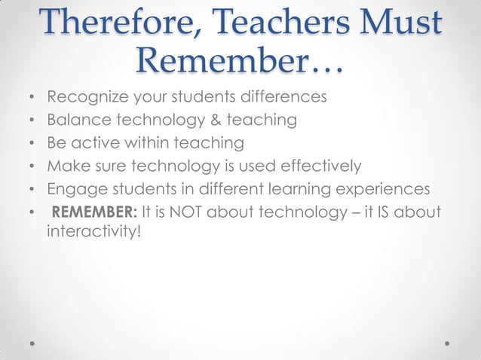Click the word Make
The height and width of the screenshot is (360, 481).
67,166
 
